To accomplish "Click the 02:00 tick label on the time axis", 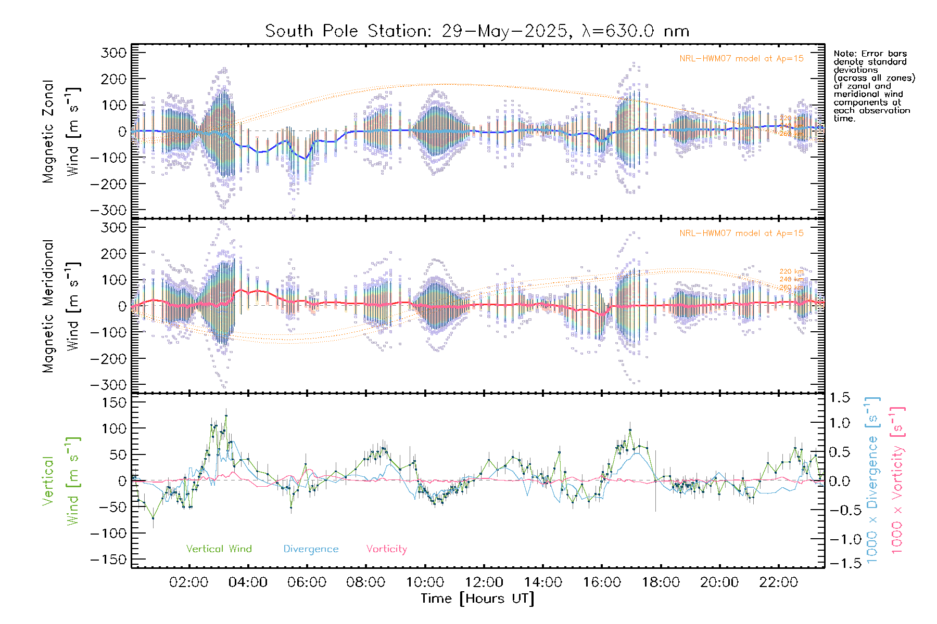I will (189, 582).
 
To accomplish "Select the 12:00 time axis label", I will (484, 582).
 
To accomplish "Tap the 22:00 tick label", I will (778, 582).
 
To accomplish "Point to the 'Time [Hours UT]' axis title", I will (477, 599).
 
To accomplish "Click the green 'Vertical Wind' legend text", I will (219, 549).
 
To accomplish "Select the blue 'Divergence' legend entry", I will (311, 549).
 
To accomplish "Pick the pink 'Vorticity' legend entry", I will (386, 549).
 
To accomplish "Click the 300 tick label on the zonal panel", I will (113, 53).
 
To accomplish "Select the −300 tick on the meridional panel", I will (108, 385).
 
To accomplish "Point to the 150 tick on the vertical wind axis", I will (113, 402).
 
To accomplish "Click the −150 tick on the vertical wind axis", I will (108, 560).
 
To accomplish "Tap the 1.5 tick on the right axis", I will (840, 398).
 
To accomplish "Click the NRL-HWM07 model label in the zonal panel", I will (741, 58).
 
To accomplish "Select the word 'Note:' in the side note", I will (844, 54).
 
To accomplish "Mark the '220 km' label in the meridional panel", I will (791, 271).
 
